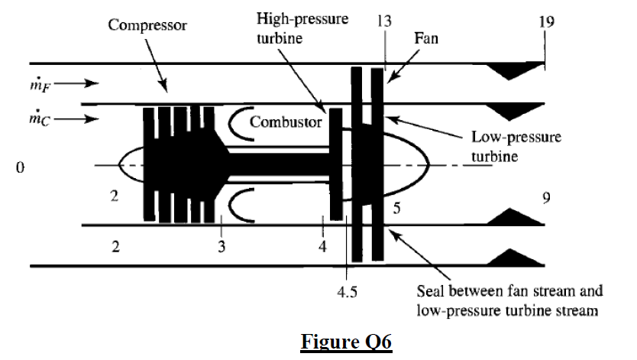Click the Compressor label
point(147,25)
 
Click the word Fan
point(425,37)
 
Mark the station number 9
point(546,199)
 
